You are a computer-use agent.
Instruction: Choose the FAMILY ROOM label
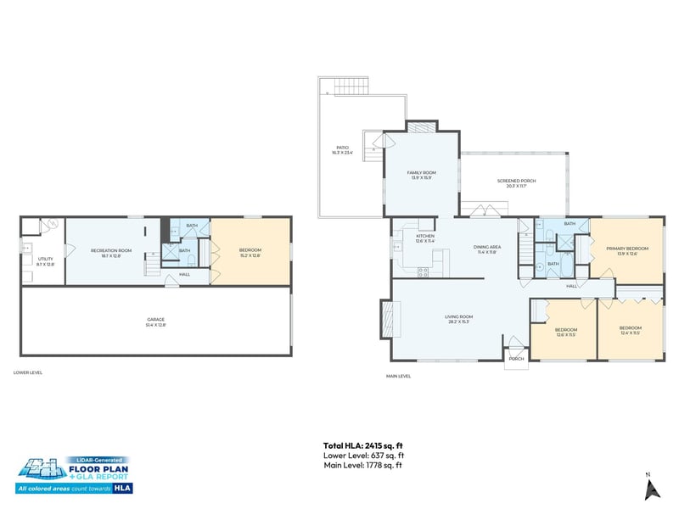pos(421,175)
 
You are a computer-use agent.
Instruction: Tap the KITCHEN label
pos(425,238)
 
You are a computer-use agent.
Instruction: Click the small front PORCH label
pos(515,359)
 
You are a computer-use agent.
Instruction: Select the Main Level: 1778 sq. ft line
pos(362,465)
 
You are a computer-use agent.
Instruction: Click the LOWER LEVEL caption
pos(28,372)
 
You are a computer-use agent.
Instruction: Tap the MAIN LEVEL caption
pos(398,376)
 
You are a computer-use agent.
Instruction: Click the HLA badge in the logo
pos(123,488)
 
